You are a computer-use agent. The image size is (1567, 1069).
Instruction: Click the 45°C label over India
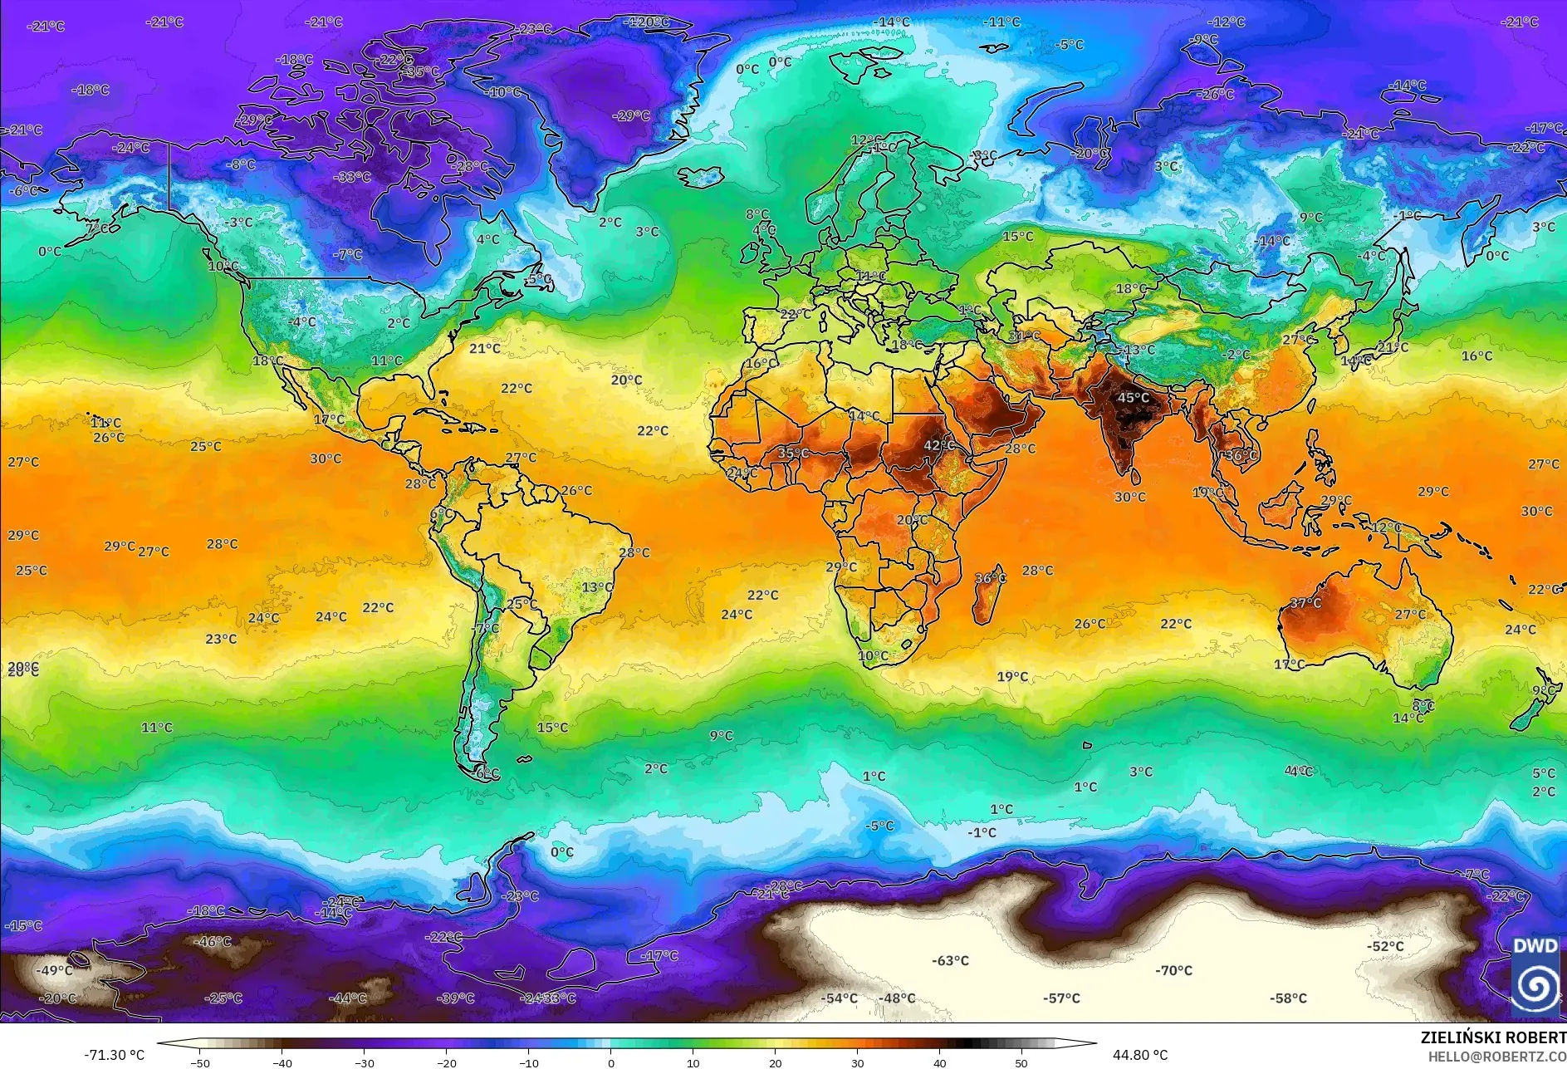[1133, 398]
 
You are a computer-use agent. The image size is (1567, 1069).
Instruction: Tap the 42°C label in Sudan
[938, 445]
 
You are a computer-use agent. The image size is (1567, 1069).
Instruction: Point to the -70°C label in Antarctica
[1173, 970]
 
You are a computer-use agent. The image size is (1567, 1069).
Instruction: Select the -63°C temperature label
[950, 960]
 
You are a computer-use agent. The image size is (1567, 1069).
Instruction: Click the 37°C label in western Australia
[1305, 603]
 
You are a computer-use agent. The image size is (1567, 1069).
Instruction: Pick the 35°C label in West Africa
[792, 453]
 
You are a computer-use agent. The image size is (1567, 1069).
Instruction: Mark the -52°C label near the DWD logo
[1385, 946]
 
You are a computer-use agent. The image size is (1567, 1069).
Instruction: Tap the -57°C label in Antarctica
[1061, 998]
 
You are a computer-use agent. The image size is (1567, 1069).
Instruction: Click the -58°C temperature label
[1288, 998]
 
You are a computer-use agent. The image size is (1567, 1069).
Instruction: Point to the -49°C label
[55, 970]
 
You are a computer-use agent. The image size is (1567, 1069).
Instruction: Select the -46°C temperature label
[213, 942]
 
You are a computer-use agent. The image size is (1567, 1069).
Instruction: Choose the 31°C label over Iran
[1024, 336]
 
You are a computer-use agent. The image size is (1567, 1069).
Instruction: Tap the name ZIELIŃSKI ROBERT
[1492, 1037]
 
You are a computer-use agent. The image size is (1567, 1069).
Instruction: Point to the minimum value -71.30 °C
[114, 1055]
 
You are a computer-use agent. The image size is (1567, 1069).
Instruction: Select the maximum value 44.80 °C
[1139, 1055]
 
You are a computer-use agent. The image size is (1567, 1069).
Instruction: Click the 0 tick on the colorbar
[611, 1063]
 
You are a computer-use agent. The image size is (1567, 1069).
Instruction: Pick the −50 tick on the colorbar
[199, 1063]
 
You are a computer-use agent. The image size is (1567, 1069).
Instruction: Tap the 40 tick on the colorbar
[939, 1063]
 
